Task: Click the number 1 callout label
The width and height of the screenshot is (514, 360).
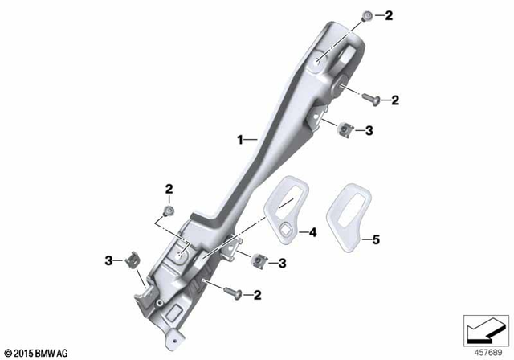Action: coord(239,140)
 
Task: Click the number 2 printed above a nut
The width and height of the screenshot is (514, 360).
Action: coord(169,190)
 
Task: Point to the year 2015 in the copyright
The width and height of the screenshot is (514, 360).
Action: coord(22,352)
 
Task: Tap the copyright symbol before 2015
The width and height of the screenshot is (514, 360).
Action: coord(7,352)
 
